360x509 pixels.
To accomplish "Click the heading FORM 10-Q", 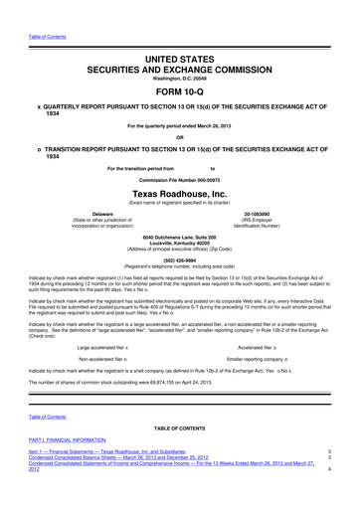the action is [179, 72].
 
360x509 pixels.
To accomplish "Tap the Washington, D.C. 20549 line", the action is [179, 55].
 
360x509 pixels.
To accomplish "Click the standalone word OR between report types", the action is [179, 108].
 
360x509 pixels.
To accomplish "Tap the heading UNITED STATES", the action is [179, 33].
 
